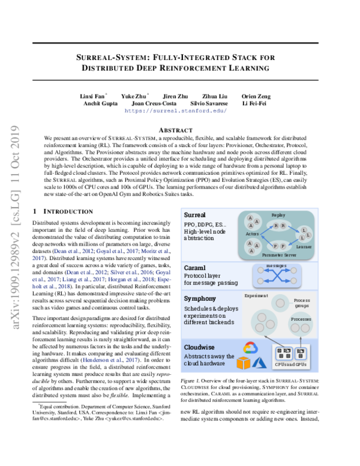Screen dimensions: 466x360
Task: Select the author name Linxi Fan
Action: pyautogui.click(x=92, y=95)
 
